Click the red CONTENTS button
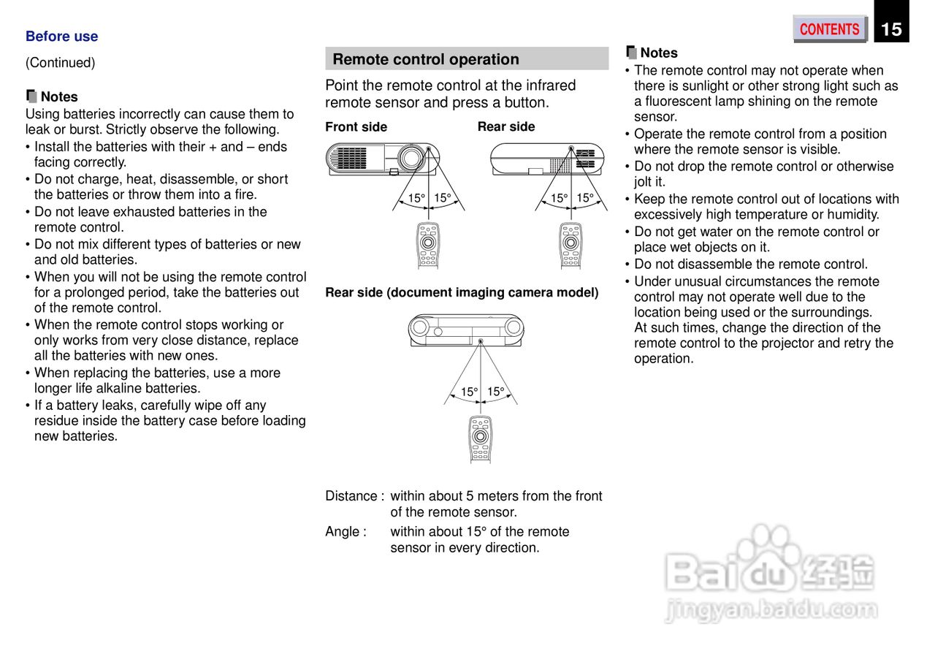coord(830,29)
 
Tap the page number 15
coord(891,29)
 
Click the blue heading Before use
coord(61,37)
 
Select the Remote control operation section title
coord(426,59)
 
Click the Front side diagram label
coord(356,126)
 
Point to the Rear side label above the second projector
coord(506,126)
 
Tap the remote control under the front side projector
coord(428,245)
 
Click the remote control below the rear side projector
coord(571,245)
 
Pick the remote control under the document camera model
coord(480,438)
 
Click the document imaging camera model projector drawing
coord(466,329)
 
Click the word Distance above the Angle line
coord(351,496)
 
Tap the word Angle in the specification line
coord(342,532)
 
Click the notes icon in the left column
coord(31,96)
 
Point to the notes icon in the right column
coord(632,52)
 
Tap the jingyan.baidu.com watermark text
coord(771,608)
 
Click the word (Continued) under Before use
coord(60,63)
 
